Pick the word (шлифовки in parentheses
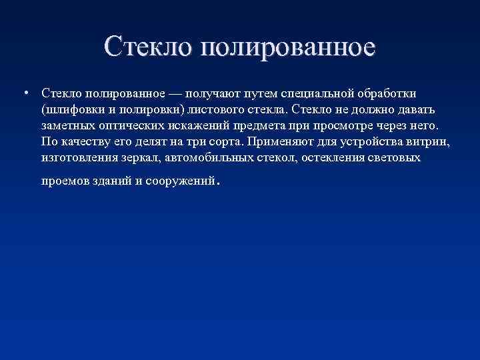[x=66, y=109]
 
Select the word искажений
[x=189, y=125]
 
